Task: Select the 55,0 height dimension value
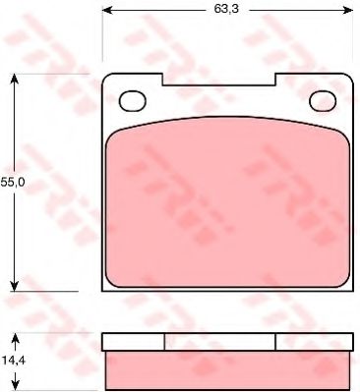point(12,183)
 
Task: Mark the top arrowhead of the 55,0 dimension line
point(14,80)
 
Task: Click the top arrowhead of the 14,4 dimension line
point(14,337)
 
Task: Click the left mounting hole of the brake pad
point(132,100)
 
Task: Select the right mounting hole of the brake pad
point(322,100)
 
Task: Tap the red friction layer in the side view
point(227,369)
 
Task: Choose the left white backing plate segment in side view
point(133,342)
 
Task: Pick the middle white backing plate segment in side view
point(219,342)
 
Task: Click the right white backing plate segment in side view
point(314,342)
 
